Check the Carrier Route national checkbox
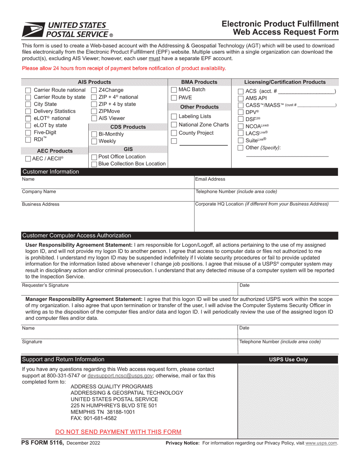point(28,91)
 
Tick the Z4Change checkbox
point(94,91)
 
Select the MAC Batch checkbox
point(174,90)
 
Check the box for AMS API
point(241,99)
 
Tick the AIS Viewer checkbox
point(94,119)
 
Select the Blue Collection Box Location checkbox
point(94,164)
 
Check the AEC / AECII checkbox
point(28,159)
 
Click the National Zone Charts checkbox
point(174,125)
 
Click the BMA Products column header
point(199,82)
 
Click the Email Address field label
point(210,179)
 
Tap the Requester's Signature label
point(45,285)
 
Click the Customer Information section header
point(51,172)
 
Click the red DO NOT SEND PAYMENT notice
point(118,432)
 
